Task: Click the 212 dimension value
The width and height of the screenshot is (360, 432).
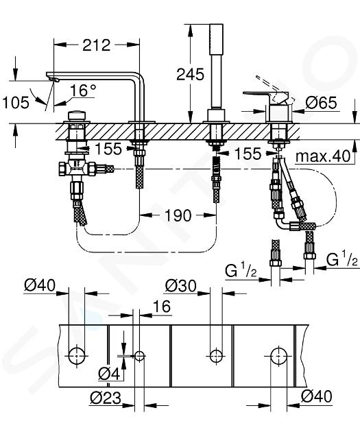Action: coord(97,45)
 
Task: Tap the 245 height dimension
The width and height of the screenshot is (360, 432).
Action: coord(191,74)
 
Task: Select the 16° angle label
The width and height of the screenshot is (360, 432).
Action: coord(83,91)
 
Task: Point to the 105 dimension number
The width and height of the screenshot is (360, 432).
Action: coord(16,102)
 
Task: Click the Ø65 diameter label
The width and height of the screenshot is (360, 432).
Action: coord(321,103)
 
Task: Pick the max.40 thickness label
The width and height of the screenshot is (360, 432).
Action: coord(323,156)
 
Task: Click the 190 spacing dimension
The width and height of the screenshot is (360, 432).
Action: coord(178,215)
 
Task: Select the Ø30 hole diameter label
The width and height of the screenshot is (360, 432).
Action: coord(181,286)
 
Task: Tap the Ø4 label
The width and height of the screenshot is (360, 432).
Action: coord(109,374)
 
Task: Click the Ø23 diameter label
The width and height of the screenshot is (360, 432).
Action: coord(106,398)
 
